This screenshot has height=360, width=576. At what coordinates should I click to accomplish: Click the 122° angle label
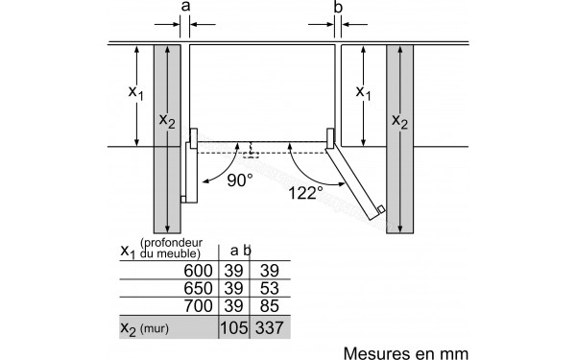(304, 192)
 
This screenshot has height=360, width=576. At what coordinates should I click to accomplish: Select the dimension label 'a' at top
(185, 8)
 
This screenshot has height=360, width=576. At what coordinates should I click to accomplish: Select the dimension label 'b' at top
(337, 8)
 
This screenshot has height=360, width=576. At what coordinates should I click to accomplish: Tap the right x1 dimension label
(364, 93)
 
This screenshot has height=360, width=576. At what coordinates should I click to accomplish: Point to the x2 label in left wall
(167, 121)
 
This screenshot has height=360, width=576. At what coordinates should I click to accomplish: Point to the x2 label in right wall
(399, 121)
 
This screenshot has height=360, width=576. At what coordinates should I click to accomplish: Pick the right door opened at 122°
(357, 179)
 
